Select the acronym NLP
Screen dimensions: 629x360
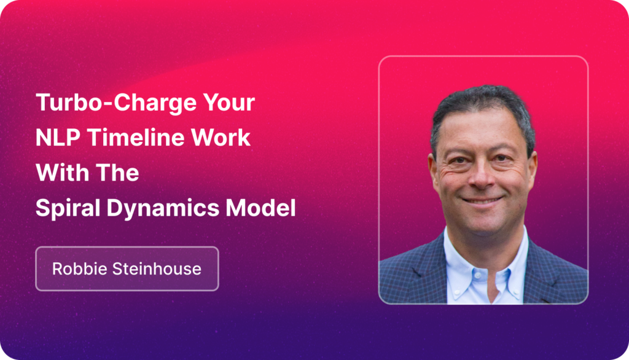click(x=58, y=138)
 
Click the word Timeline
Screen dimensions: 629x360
click(x=136, y=138)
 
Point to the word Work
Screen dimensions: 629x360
click(x=221, y=138)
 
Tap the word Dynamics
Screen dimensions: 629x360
click(x=162, y=208)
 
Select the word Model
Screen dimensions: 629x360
click(x=260, y=208)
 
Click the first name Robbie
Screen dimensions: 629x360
click(x=79, y=268)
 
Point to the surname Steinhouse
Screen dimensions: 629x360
click(x=157, y=268)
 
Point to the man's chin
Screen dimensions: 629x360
click(x=483, y=225)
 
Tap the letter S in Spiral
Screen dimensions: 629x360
click(x=43, y=208)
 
